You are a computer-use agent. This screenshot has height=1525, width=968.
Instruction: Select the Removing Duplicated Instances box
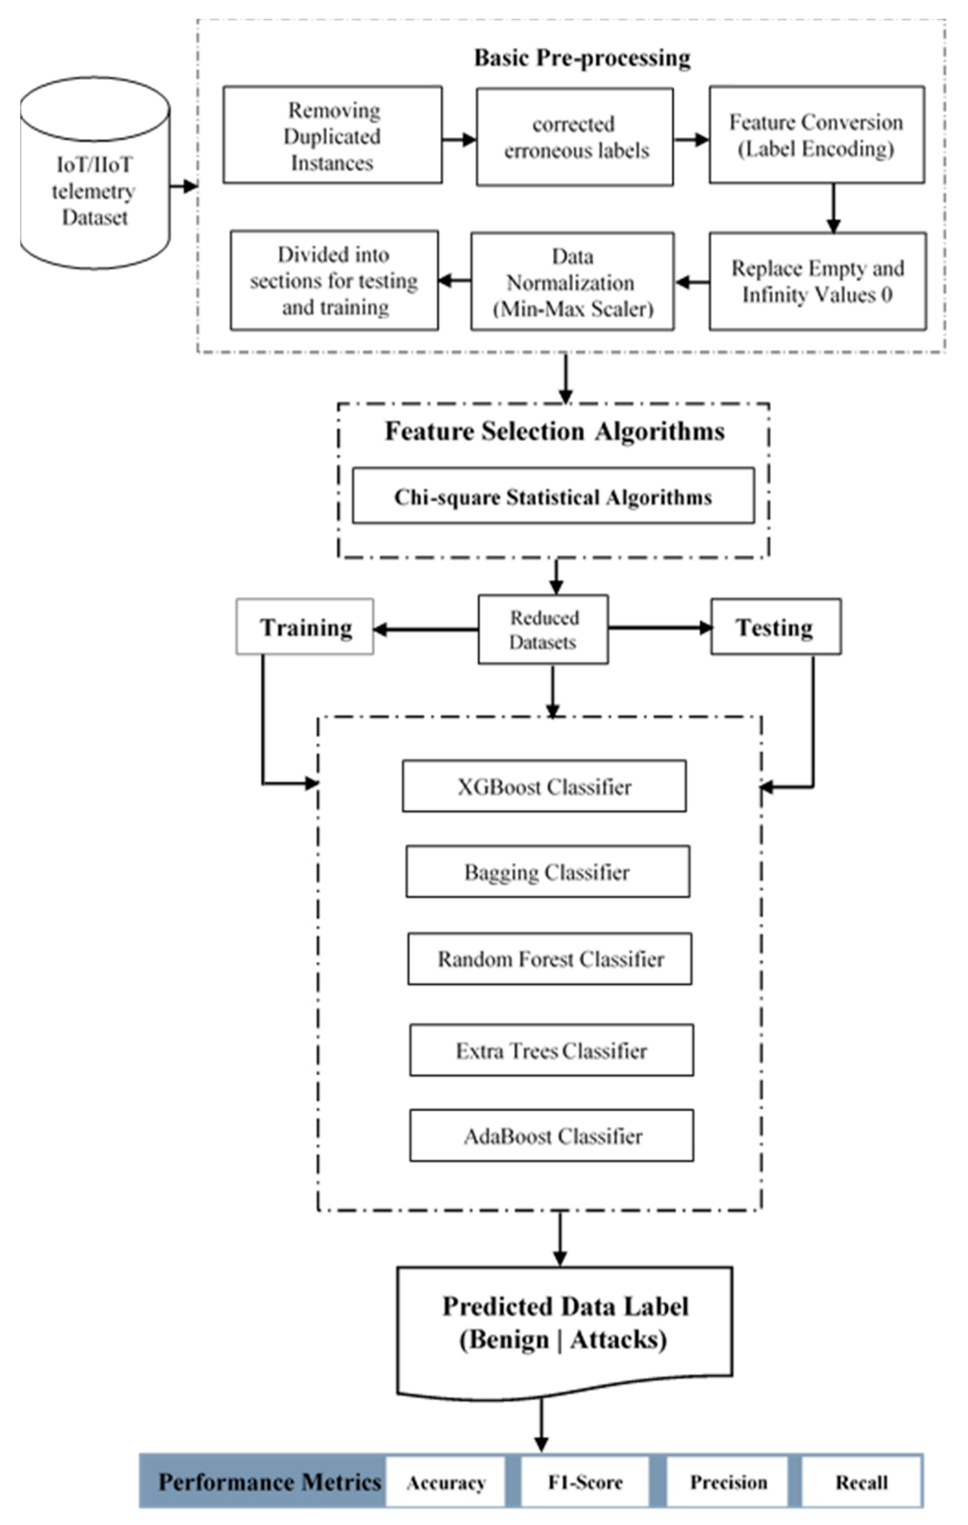(x=332, y=136)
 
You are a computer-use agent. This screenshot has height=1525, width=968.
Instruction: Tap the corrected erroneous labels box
(x=575, y=137)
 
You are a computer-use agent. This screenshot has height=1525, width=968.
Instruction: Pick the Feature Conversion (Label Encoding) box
(x=816, y=135)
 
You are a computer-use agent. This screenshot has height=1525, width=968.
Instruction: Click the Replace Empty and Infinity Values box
(x=817, y=281)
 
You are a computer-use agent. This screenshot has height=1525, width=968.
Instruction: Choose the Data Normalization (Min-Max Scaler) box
(x=572, y=281)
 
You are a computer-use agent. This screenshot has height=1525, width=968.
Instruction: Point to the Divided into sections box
(x=334, y=280)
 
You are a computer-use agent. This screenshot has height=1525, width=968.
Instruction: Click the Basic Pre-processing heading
(x=581, y=58)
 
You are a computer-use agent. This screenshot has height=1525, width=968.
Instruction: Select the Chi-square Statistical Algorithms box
(x=553, y=497)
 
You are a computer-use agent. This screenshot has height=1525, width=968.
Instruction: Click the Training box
(x=305, y=627)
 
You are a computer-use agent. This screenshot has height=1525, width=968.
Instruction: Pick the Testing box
(x=775, y=627)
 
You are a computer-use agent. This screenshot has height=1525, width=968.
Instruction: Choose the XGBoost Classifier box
(x=544, y=786)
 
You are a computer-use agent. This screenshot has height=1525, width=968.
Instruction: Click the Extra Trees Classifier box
(x=551, y=1050)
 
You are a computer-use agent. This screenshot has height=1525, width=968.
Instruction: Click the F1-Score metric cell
(x=585, y=1482)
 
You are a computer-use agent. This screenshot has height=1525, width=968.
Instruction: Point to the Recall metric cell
(x=861, y=1482)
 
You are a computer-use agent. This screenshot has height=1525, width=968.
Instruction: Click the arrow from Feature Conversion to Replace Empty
(x=833, y=208)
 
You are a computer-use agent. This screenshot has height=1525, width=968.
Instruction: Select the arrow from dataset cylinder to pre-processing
(x=183, y=186)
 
